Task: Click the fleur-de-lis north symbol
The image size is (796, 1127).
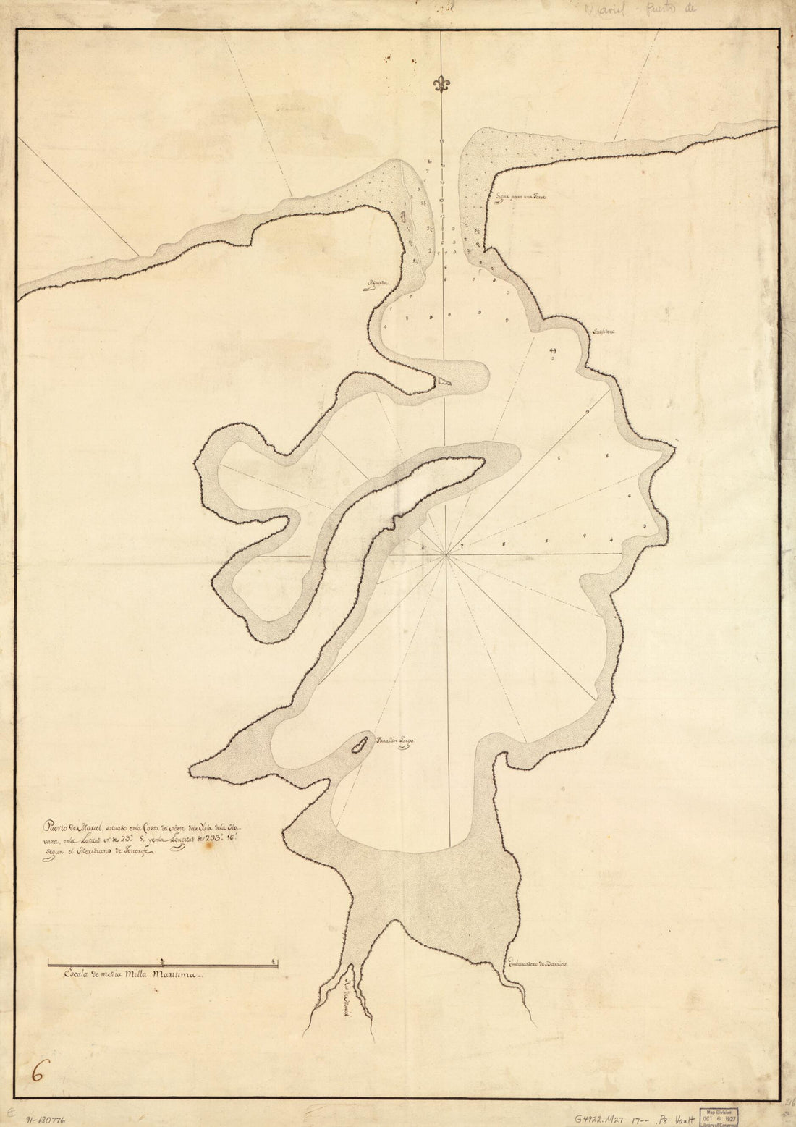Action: pos(441,85)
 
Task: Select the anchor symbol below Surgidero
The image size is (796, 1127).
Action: pos(554,351)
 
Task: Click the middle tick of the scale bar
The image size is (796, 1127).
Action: pos(162,962)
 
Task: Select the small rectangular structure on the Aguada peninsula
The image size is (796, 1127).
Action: pos(403,217)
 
